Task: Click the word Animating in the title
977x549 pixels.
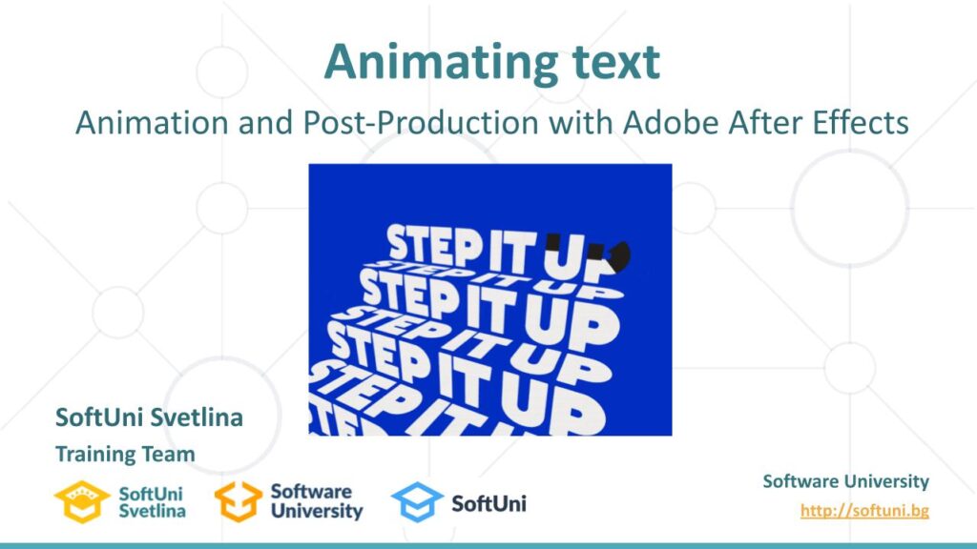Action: (441, 63)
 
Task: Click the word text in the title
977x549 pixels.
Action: (615, 62)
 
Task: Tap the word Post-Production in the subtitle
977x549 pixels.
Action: (421, 122)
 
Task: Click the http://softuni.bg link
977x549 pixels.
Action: (864, 511)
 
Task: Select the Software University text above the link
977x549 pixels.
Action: (845, 481)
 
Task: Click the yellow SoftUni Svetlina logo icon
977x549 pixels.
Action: (82, 501)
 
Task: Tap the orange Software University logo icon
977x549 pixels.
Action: (238, 501)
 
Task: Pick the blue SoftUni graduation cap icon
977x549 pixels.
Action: (417, 501)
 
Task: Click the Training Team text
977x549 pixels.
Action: (125, 454)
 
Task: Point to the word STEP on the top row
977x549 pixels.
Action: (434, 244)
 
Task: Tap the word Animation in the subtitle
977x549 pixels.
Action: (152, 122)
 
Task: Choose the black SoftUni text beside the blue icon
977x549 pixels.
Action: (489, 503)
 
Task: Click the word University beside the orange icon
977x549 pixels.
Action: (317, 511)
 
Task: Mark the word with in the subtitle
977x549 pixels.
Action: (580, 122)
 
